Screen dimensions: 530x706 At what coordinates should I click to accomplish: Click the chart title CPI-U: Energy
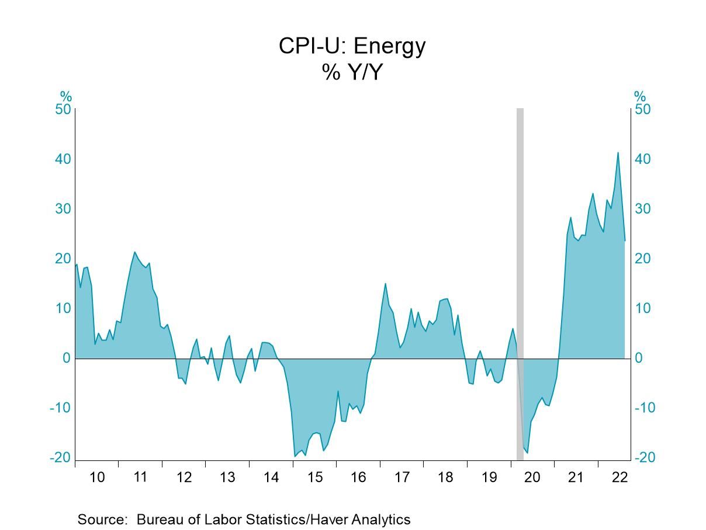coord(352,46)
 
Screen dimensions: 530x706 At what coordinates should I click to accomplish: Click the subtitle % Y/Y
coord(352,72)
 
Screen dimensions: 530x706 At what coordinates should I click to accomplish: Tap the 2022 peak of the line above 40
coord(618,153)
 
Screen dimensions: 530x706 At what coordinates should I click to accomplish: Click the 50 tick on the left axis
coord(63,109)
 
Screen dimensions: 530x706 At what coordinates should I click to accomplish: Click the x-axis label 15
coord(314,477)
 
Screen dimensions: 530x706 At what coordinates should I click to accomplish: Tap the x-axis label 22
coord(619,477)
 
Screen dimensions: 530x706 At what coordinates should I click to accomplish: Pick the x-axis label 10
coord(97,477)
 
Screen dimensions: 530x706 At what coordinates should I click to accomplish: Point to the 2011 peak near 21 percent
coord(134,252)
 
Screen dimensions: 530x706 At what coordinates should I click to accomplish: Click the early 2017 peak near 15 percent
coord(385,284)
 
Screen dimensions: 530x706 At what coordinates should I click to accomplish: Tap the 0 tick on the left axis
coord(67,358)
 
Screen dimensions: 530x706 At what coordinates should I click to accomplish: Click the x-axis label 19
coord(489,477)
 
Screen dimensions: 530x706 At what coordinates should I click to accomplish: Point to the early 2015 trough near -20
coord(295,456)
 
